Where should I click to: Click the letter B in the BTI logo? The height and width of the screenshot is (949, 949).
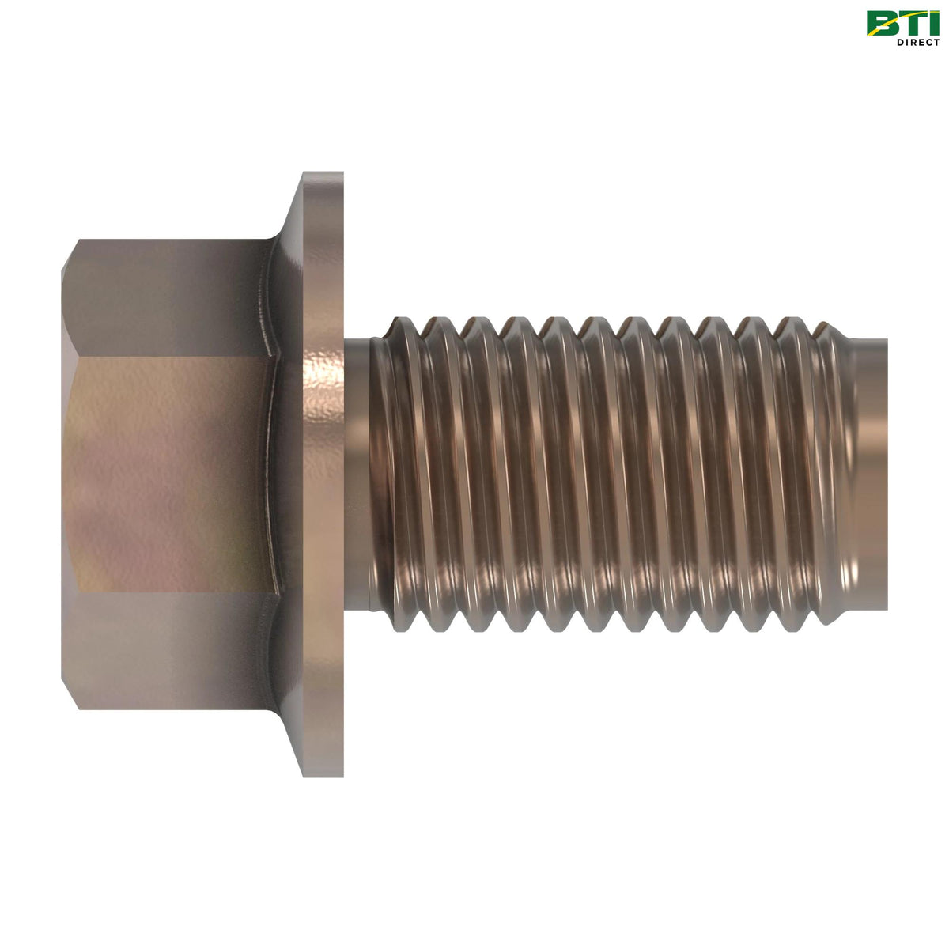(882, 23)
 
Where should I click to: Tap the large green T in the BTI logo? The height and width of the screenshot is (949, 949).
(910, 23)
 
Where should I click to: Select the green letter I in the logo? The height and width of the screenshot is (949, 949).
(933, 23)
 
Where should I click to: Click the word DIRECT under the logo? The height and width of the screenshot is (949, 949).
(917, 42)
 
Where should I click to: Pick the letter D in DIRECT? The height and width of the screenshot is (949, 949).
(900, 42)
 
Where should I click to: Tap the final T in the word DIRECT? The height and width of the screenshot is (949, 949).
(936, 42)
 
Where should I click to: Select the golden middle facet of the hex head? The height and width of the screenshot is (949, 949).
(166, 475)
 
